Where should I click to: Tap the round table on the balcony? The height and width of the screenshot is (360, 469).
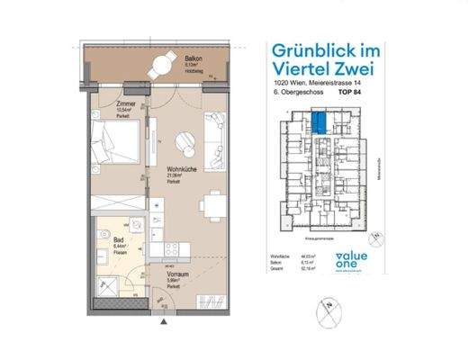[165, 63]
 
